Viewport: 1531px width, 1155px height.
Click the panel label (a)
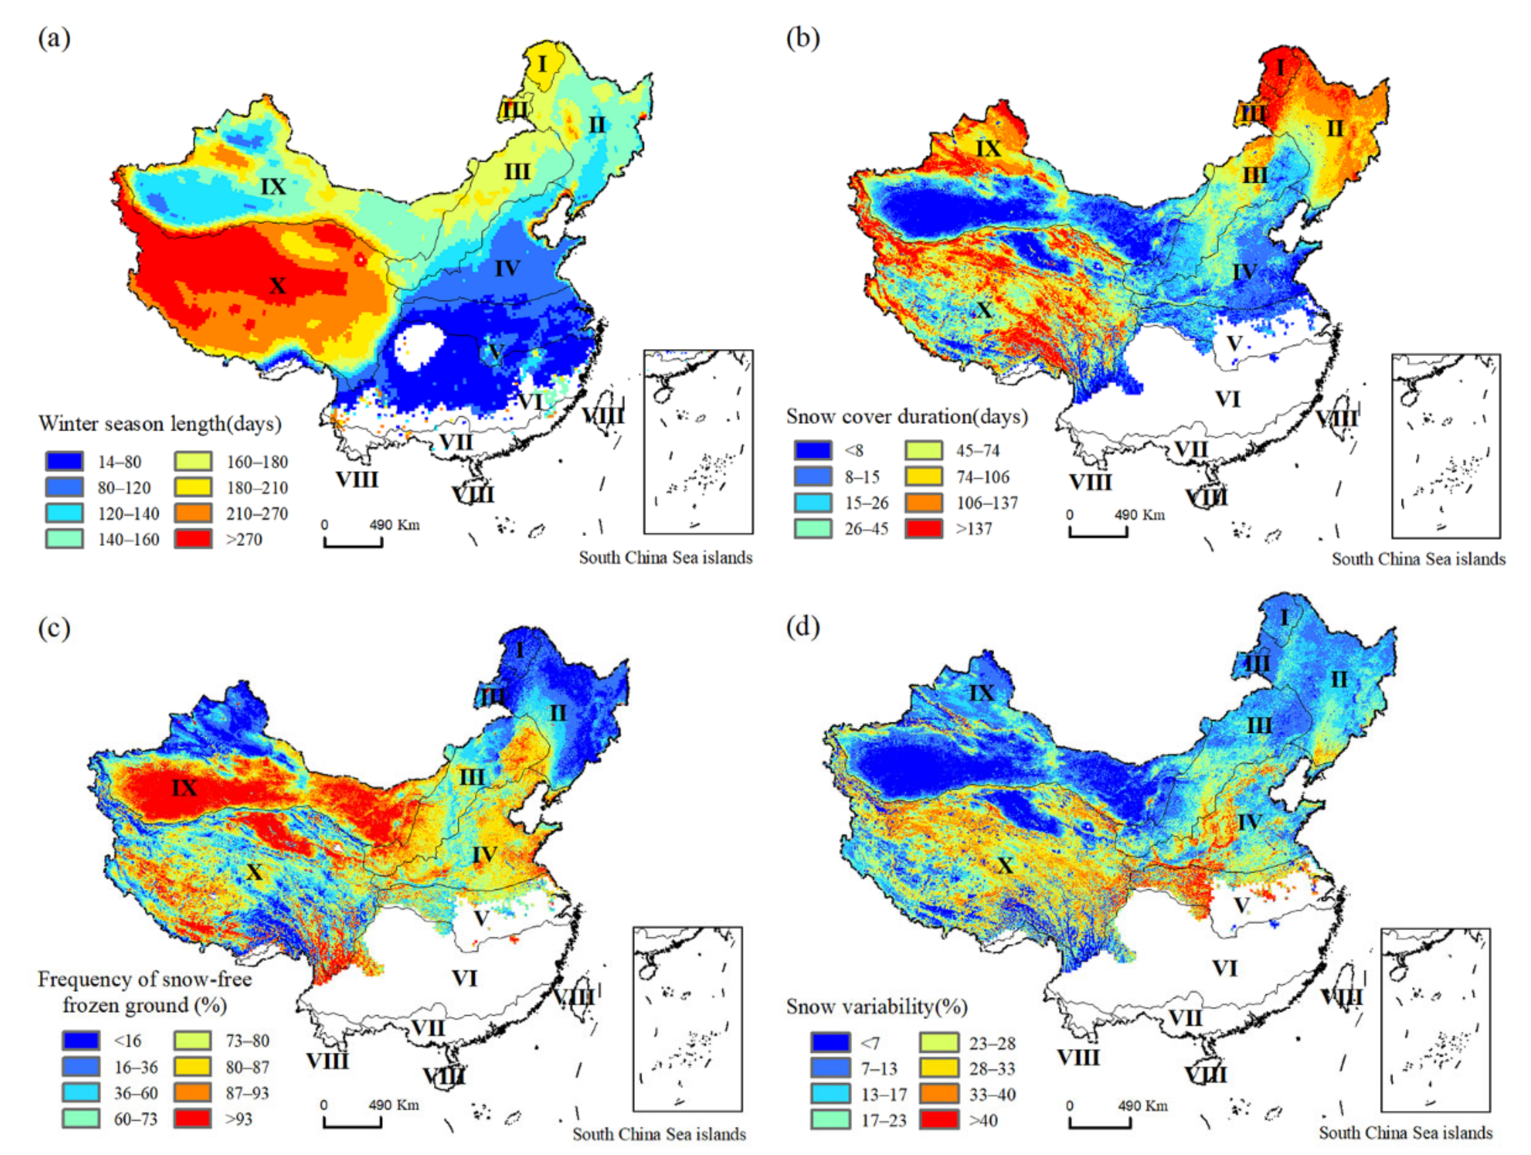pyautogui.click(x=54, y=38)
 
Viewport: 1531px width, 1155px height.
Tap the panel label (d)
pyautogui.click(x=803, y=627)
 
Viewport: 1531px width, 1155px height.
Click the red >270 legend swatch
pyautogui.click(x=193, y=539)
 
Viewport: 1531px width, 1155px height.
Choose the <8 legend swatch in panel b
pyautogui.click(x=813, y=450)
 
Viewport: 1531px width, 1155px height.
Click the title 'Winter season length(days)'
pyautogui.click(x=160, y=423)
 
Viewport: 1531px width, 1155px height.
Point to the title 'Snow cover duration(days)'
pyautogui.click(x=907, y=417)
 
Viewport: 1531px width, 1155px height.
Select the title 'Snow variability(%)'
pyautogui.click(x=877, y=1007)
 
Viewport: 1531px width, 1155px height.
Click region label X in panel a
pyautogui.click(x=277, y=285)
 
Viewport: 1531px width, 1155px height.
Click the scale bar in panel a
pyautogui.click(x=353, y=541)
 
